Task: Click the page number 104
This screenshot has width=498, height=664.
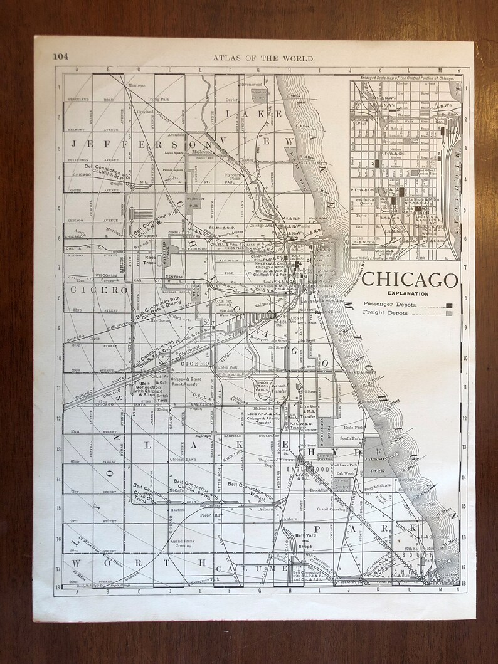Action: click(x=60, y=55)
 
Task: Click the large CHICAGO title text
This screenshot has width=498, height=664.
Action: click(x=410, y=280)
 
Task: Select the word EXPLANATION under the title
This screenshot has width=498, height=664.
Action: click(x=408, y=293)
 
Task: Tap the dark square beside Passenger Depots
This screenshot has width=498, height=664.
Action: click(x=449, y=305)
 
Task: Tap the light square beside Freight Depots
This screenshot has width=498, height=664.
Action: click(x=449, y=313)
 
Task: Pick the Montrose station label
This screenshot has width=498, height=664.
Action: click(x=137, y=85)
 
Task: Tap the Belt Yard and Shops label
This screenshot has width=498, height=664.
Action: click(x=305, y=540)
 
